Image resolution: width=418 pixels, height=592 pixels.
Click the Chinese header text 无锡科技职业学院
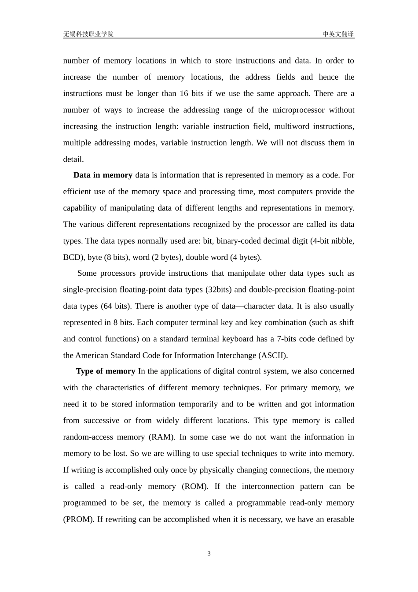pos(88,34)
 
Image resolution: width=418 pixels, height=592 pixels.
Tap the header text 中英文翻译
pos(338,34)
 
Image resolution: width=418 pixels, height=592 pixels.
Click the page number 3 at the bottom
pos(209,554)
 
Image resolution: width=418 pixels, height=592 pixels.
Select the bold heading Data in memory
pos(103,175)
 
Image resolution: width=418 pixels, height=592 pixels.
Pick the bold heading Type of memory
pos(106,371)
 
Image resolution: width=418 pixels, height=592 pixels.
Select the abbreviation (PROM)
pos(79,519)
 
